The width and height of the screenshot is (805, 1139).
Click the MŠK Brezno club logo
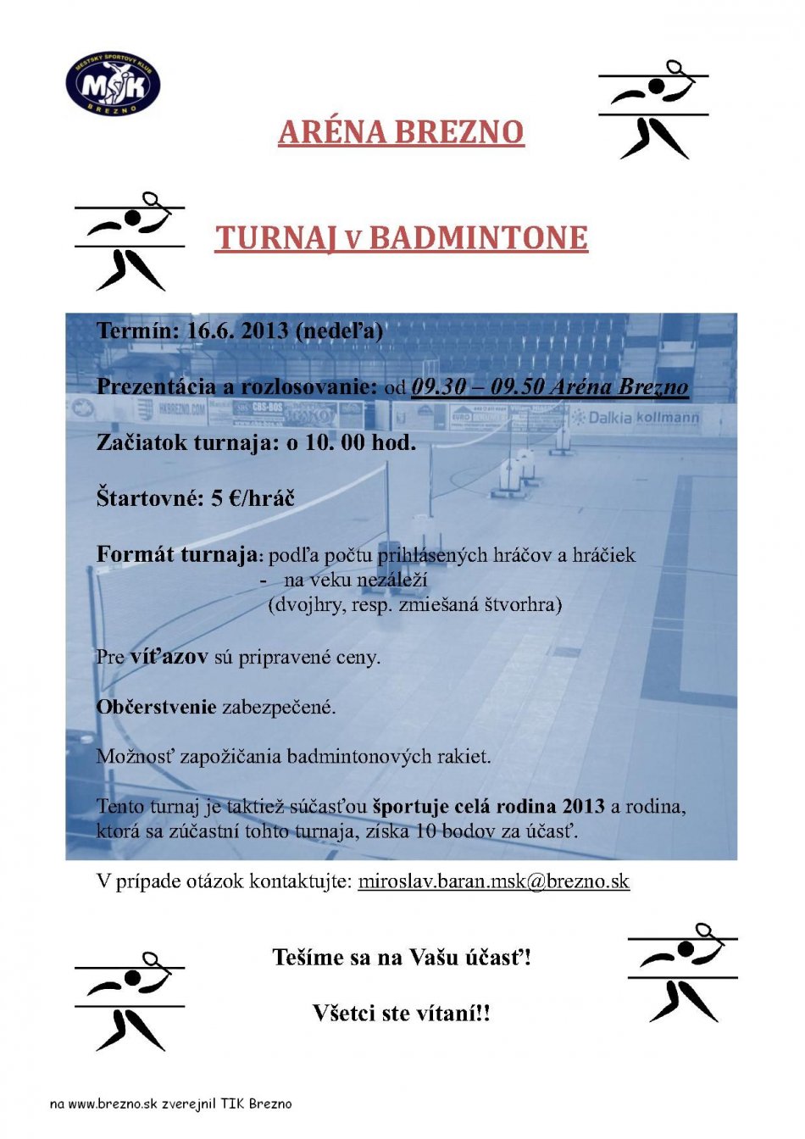click(x=113, y=83)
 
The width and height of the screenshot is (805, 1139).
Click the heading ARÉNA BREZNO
click(x=401, y=132)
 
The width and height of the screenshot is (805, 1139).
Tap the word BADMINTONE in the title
click(x=479, y=238)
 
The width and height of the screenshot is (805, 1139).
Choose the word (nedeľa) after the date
click(x=339, y=331)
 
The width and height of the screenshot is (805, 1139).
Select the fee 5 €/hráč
click(x=253, y=498)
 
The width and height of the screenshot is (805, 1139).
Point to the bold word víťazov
click(x=169, y=657)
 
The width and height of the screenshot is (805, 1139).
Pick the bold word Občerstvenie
click(x=157, y=707)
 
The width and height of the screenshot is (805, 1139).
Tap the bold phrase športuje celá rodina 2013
click(x=489, y=806)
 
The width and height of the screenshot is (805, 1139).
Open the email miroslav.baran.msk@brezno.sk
click(x=493, y=881)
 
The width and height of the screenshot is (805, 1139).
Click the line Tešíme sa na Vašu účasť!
click(x=402, y=958)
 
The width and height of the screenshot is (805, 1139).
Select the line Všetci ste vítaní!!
click(x=402, y=1013)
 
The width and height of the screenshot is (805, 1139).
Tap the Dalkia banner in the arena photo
click(x=609, y=417)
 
